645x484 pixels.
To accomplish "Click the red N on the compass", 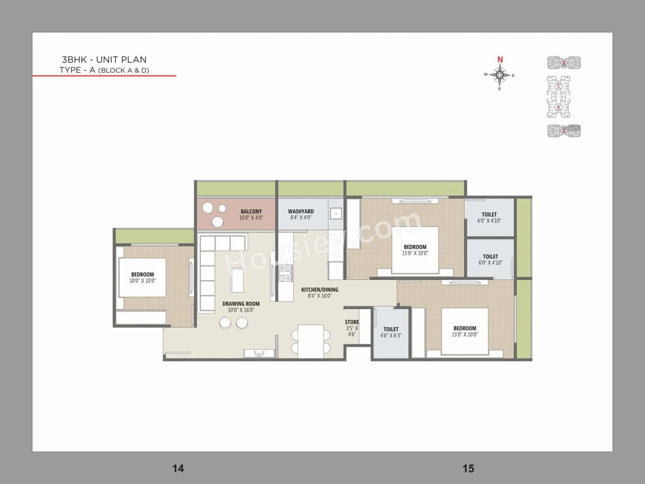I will pyautogui.click(x=500, y=59).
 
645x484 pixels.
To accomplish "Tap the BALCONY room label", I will pyautogui.click(x=251, y=212).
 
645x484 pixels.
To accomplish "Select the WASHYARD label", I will pyautogui.click(x=301, y=212).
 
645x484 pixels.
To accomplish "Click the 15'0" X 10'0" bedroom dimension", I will pyautogui.click(x=415, y=254).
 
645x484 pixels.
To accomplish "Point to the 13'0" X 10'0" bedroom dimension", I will pyautogui.click(x=465, y=335).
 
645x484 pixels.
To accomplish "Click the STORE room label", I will pyautogui.click(x=352, y=322).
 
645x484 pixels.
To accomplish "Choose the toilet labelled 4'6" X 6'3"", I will pyautogui.click(x=391, y=332).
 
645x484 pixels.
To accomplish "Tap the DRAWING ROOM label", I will pyautogui.click(x=241, y=304).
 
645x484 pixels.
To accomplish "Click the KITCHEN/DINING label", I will pyautogui.click(x=319, y=290).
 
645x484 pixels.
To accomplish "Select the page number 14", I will pyautogui.click(x=178, y=468).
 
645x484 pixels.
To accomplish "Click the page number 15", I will pyautogui.click(x=468, y=468).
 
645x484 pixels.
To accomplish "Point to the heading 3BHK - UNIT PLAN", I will pyautogui.click(x=104, y=59).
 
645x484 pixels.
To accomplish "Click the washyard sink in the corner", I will pyautogui.click(x=336, y=214).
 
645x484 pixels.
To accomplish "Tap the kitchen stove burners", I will pyautogui.click(x=285, y=273).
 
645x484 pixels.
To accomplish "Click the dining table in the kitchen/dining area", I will pyautogui.click(x=310, y=341).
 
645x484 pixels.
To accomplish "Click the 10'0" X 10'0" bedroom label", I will pyautogui.click(x=143, y=281).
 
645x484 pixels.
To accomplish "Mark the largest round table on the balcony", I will pyautogui.click(x=218, y=222).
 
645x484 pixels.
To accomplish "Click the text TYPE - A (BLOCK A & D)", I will pyautogui.click(x=104, y=70).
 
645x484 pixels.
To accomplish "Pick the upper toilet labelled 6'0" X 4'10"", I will pyautogui.click(x=489, y=217).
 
